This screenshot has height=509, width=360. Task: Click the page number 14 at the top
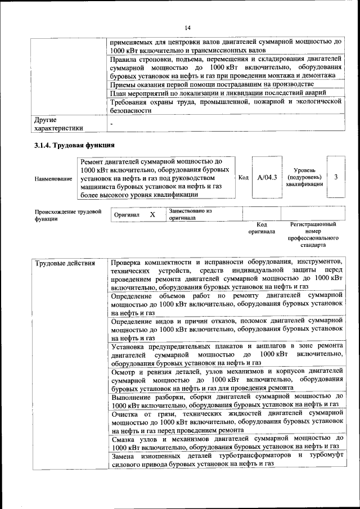187,28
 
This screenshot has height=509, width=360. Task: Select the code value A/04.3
267,178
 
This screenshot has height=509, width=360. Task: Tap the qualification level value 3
335,177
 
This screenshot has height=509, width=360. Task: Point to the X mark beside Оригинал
152,215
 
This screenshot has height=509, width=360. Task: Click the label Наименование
53,178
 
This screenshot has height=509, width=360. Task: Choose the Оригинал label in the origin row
126,215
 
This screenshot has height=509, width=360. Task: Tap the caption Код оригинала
262,228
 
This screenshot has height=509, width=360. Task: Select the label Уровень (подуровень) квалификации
304,177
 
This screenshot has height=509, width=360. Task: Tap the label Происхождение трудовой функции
67,215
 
